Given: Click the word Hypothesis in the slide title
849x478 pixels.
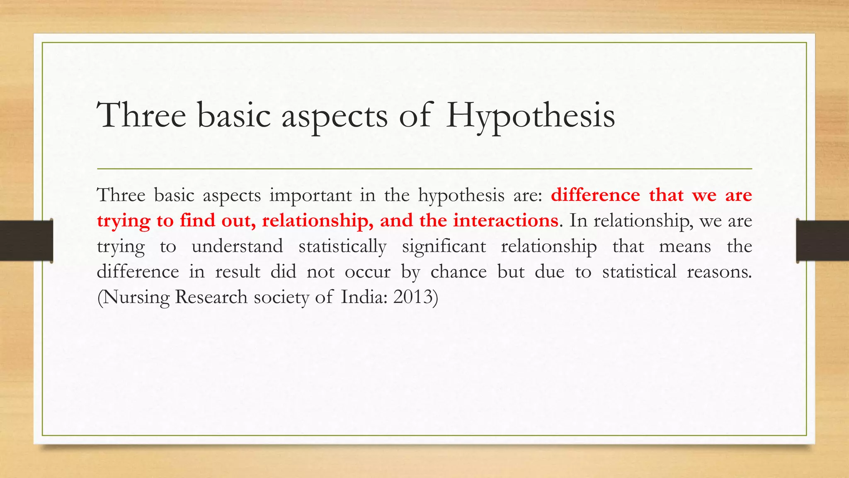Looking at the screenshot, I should pos(530,115).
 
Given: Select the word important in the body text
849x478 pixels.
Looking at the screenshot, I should pos(310,195).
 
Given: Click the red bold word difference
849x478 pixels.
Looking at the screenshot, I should pos(595,195).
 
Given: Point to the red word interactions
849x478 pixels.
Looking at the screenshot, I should pos(505,220).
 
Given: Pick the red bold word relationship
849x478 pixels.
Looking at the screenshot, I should pos(318,220).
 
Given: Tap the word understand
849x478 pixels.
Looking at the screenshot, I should pos(237,246).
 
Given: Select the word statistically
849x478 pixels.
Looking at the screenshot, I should pos(342,246).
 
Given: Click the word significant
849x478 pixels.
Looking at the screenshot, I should pos(444,246).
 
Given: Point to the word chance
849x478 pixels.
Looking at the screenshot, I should pos(458,272).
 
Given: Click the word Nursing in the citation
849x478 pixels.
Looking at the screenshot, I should pos(133,298).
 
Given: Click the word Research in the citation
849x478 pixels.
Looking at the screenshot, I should pos(211,297).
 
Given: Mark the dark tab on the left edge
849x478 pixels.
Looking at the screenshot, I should pos(26,241).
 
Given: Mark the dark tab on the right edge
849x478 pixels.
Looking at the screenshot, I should pos(822,241).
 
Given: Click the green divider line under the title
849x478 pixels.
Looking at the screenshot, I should pos(424,169).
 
